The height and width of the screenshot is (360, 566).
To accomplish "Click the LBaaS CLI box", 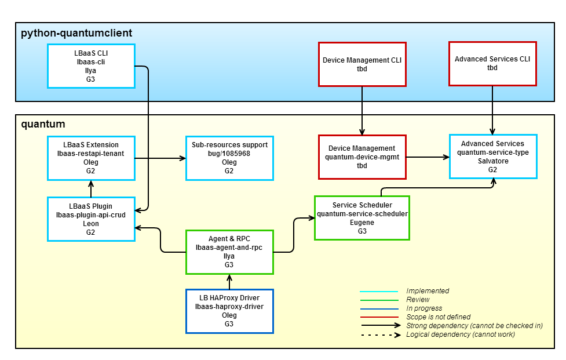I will [91, 66].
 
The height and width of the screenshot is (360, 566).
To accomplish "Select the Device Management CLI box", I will [362, 64].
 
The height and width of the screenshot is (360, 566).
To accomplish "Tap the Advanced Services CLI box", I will [492, 63].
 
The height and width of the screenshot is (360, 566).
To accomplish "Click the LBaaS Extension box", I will [91, 158].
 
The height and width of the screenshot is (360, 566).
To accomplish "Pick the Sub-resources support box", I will [229, 158].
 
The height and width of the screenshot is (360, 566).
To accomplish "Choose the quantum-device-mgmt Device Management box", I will [362, 157].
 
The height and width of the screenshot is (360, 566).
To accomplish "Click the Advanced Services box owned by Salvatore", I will [492, 157].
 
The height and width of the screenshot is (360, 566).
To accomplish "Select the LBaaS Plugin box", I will [91, 219].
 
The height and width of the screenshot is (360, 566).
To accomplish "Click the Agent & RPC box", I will [229, 252].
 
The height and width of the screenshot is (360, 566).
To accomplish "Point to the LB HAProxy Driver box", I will [229, 311].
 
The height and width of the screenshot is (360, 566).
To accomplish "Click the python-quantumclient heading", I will [76, 33].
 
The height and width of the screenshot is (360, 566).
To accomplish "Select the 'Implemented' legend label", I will [428, 291].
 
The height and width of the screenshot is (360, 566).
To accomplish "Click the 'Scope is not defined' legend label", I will [438, 317].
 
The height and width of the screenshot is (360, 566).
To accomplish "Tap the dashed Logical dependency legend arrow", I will [379, 334].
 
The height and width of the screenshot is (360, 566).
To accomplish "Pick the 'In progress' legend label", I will [424, 308].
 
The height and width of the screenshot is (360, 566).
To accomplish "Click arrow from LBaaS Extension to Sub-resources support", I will [160, 158].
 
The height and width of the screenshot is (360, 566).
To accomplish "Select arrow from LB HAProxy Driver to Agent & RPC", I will [229, 282].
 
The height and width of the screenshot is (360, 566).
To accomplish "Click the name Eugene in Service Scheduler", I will [362, 222].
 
